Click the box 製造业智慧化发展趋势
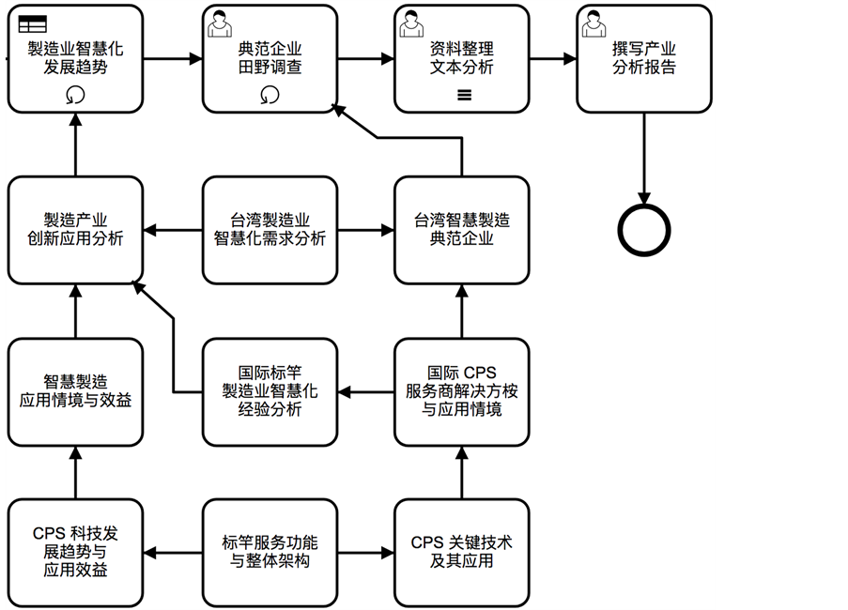(75, 58)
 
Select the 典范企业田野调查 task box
(270, 58)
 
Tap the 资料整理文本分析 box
(461, 58)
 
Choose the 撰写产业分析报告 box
(644, 58)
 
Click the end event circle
(644, 228)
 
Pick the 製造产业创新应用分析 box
(75, 229)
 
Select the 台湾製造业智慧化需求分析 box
(270, 229)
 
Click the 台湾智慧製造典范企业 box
(461, 229)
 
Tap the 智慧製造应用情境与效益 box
(75, 391)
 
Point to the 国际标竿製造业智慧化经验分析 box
(270, 391)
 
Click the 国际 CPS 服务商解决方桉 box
(461, 391)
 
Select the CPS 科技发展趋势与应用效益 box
(75, 553)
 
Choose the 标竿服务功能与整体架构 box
(270, 553)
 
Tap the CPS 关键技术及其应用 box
(461, 553)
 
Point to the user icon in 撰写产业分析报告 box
(593, 23)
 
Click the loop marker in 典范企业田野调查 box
(270, 94)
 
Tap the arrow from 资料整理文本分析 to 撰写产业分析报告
(552, 58)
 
